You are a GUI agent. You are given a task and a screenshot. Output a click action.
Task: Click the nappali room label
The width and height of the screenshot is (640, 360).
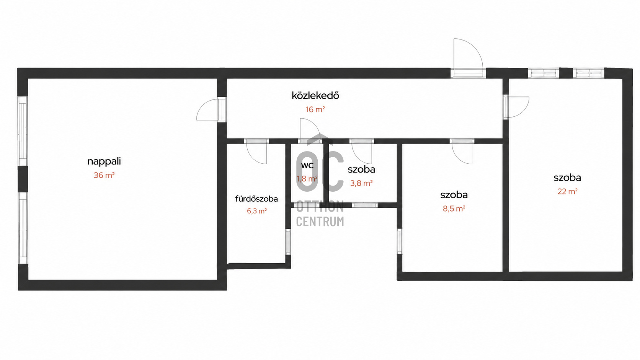pos(104,161)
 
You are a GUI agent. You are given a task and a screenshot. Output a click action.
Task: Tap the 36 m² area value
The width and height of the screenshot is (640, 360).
pos(104,175)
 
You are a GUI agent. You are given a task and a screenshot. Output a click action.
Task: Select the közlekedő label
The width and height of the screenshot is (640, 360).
pos(315,95)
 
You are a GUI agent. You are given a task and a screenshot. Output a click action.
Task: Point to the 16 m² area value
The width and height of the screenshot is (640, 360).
pos(315,109)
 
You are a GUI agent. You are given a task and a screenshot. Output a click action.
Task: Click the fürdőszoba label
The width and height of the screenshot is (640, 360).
pos(256,199)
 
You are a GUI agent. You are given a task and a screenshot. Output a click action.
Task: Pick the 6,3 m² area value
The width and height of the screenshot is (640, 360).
pos(256,211)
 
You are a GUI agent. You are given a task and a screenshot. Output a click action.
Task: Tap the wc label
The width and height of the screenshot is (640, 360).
pos(307,165)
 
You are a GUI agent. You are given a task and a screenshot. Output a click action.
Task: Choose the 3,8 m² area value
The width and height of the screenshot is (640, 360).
pos(361,183)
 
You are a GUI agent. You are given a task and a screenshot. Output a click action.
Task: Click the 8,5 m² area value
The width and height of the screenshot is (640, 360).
pos(454,209)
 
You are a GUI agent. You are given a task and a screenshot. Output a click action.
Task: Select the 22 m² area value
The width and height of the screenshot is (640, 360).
pos(567,191)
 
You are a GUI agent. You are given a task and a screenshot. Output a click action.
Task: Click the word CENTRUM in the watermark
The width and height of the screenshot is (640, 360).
pos(320,222)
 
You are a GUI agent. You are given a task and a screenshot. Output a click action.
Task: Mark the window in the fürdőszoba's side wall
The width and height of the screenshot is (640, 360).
pos(288,241)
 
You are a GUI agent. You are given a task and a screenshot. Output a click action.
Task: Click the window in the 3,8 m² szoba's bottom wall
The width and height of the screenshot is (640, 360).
pos(364,205)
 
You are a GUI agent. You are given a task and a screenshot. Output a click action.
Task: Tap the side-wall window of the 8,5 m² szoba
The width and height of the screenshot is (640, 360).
pos(400,241)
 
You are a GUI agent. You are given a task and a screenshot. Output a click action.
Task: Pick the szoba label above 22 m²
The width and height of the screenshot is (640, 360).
pos(567,178)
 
